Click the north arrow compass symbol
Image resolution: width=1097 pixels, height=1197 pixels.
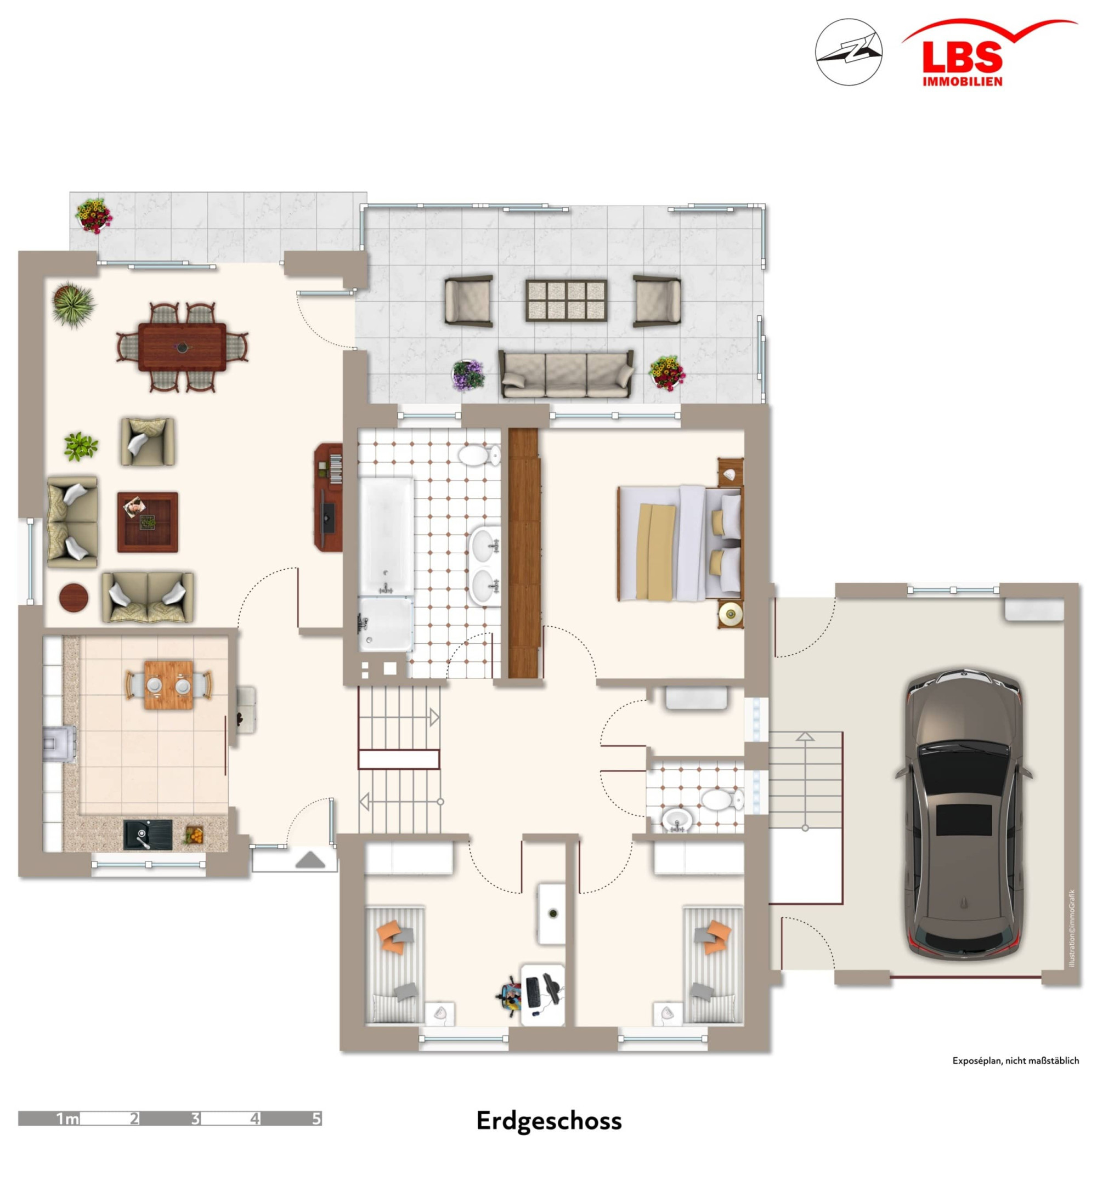click(848, 52)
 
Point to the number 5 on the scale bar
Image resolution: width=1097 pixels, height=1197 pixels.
click(316, 1119)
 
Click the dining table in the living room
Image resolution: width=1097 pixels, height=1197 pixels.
click(182, 347)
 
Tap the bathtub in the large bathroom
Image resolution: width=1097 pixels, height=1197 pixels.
click(386, 536)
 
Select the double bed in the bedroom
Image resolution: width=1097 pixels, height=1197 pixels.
click(680, 543)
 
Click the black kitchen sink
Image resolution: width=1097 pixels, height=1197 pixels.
click(148, 834)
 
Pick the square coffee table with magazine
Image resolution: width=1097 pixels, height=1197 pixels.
click(148, 522)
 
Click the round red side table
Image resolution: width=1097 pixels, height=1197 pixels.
click(74, 597)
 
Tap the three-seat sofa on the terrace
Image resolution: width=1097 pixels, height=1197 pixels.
click(566, 374)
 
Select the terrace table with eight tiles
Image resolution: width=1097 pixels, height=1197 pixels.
click(566, 300)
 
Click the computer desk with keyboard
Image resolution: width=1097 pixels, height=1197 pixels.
click(542, 994)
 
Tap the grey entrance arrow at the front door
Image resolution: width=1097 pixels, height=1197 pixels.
click(310, 860)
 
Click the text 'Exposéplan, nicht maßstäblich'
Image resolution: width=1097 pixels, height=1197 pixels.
click(1016, 1060)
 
